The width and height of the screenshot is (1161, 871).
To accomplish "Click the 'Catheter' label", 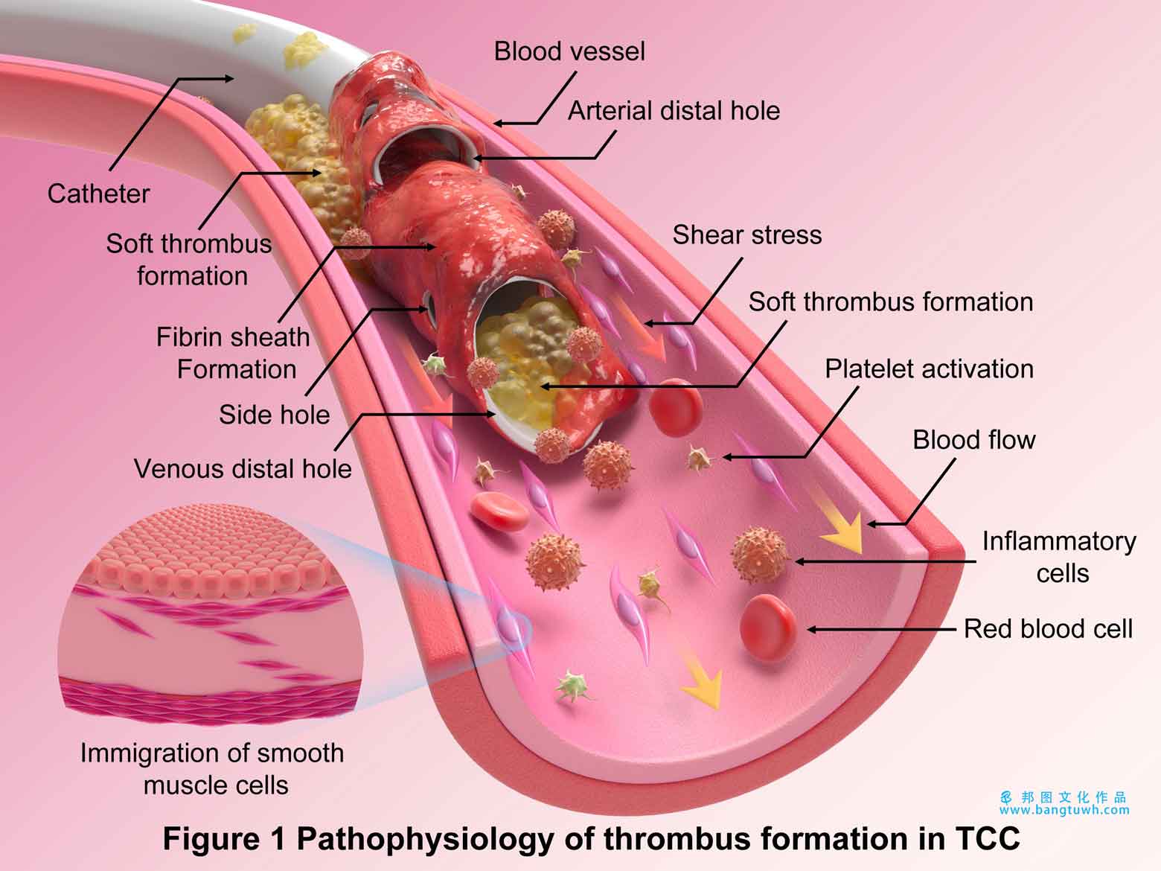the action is click(98, 194).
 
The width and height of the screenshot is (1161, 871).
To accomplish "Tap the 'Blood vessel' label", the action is click(569, 51).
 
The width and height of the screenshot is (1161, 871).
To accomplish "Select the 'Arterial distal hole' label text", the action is click(674, 111).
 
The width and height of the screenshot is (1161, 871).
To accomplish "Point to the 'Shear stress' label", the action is click(747, 234).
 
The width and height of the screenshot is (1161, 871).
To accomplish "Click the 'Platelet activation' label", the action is click(929, 369).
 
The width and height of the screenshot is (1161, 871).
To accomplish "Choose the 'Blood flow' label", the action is click(973, 440).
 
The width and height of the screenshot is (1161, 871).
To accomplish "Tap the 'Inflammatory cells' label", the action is click(1059, 557).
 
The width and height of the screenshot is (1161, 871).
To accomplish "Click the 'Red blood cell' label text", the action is click(1048, 629).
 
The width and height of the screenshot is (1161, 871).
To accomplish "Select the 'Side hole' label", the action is click(274, 415).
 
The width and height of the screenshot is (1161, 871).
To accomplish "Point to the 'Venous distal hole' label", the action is click(243, 469).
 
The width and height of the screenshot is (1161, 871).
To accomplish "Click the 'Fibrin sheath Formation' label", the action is click(233, 354).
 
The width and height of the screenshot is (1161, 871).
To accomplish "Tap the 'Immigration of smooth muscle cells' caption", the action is click(212, 769).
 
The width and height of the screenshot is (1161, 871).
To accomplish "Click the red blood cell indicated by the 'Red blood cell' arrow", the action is click(768, 628).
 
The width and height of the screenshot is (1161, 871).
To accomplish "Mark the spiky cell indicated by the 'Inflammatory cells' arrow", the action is click(758, 555).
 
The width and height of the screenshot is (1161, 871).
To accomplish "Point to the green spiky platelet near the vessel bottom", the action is click(572, 686).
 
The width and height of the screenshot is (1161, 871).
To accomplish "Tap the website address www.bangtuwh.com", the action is click(1064, 809).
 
